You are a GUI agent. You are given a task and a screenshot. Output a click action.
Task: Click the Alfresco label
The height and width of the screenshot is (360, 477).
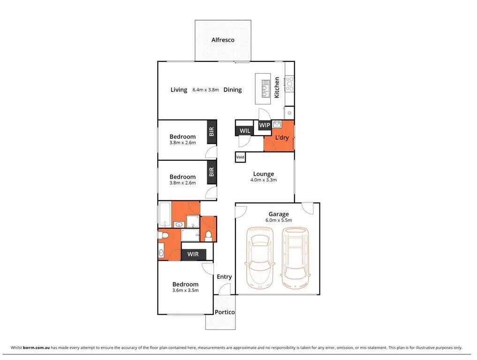[x=222, y=40]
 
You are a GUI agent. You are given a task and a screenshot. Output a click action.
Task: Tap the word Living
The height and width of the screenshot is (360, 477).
[x=179, y=90]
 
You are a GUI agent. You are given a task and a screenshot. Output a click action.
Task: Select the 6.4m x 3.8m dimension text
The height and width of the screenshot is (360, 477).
[x=205, y=90]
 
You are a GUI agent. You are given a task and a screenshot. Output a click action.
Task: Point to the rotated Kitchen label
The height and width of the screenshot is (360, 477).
[x=277, y=88]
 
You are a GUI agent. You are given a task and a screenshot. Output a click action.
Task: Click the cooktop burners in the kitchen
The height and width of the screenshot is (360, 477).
[x=289, y=83]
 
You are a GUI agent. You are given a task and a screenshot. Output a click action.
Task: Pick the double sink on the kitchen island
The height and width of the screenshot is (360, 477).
[x=265, y=88]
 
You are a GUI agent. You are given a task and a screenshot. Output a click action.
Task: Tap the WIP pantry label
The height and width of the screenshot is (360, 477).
[x=265, y=126]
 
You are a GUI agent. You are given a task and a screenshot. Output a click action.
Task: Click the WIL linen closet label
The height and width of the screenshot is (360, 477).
[x=244, y=131]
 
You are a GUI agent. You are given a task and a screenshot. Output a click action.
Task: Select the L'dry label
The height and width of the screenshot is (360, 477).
[x=281, y=138]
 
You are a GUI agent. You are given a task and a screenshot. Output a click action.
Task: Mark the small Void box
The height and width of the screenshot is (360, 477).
[x=240, y=157]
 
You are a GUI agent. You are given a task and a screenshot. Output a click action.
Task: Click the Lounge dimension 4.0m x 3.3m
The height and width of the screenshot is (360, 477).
[x=264, y=180]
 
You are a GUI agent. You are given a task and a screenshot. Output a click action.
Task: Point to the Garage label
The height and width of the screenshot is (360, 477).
[x=279, y=214]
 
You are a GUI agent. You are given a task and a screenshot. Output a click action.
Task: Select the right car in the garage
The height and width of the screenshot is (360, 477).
[x=295, y=258]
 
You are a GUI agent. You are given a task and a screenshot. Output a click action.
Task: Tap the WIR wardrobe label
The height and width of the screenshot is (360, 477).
[x=193, y=255]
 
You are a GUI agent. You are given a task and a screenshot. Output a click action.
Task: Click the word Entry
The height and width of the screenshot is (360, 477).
[x=224, y=277]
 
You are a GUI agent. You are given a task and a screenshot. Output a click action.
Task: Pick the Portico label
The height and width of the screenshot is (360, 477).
[x=225, y=312]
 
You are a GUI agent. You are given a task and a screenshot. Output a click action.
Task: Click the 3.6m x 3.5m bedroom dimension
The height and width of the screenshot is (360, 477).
[x=185, y=291]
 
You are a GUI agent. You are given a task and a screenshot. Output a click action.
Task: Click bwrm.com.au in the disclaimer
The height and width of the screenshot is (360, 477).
[x=38, y=348]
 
